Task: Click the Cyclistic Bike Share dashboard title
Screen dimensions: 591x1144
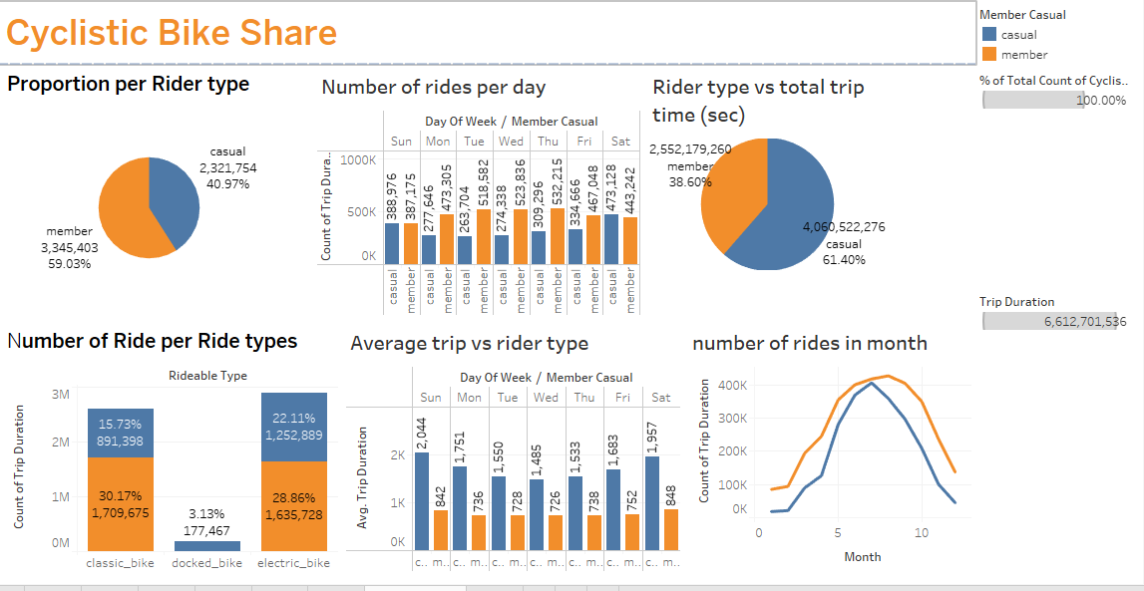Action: click(x=172, y=33)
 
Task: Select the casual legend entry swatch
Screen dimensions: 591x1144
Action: click(x=989, y=35)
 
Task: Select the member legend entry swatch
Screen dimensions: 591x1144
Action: click(x=989, y=55)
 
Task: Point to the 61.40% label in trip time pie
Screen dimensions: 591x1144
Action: click(x=843, y=260)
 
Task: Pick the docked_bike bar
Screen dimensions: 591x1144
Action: click(x=207, y=546)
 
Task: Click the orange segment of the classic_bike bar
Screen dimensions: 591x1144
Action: click(x=121, y=504)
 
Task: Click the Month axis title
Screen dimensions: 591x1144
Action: click(x=862, y=556)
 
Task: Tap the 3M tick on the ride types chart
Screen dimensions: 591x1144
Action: click(x=60, y=395)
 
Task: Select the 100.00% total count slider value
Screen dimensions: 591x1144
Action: click(x=1101, y=100)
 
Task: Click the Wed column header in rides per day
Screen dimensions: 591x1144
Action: click(x=511, y=142)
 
